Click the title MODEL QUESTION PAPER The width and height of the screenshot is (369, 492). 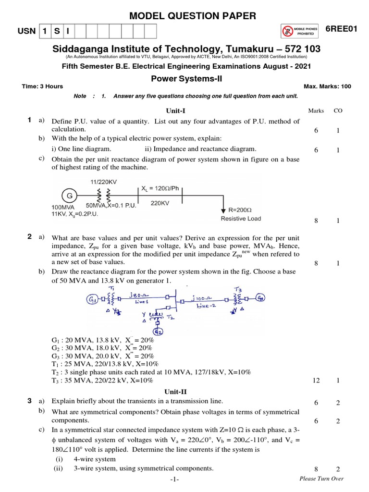[x=193, y=16]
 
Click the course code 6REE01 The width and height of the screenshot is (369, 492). [x=342, y=29]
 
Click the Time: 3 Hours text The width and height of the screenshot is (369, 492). [x=42, y=86]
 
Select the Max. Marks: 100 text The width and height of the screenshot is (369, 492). [x=328, y=86]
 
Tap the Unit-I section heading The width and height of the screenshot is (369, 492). [x=176, y=111]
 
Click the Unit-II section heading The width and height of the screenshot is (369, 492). [x=176, y=392]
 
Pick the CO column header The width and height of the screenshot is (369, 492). [x=338, y=111]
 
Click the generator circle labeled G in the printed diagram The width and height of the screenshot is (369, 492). [x=69, y=196]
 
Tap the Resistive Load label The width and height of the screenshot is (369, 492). [x=241, y=219]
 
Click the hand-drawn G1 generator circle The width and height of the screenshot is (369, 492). [x=91, y=301]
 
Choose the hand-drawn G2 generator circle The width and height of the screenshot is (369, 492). [x=158, y=332]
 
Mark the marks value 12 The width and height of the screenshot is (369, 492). [x=316, y=381]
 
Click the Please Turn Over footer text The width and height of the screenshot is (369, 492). [x=321, y=479]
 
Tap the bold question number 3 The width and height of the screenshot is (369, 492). [x=29, y=400]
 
